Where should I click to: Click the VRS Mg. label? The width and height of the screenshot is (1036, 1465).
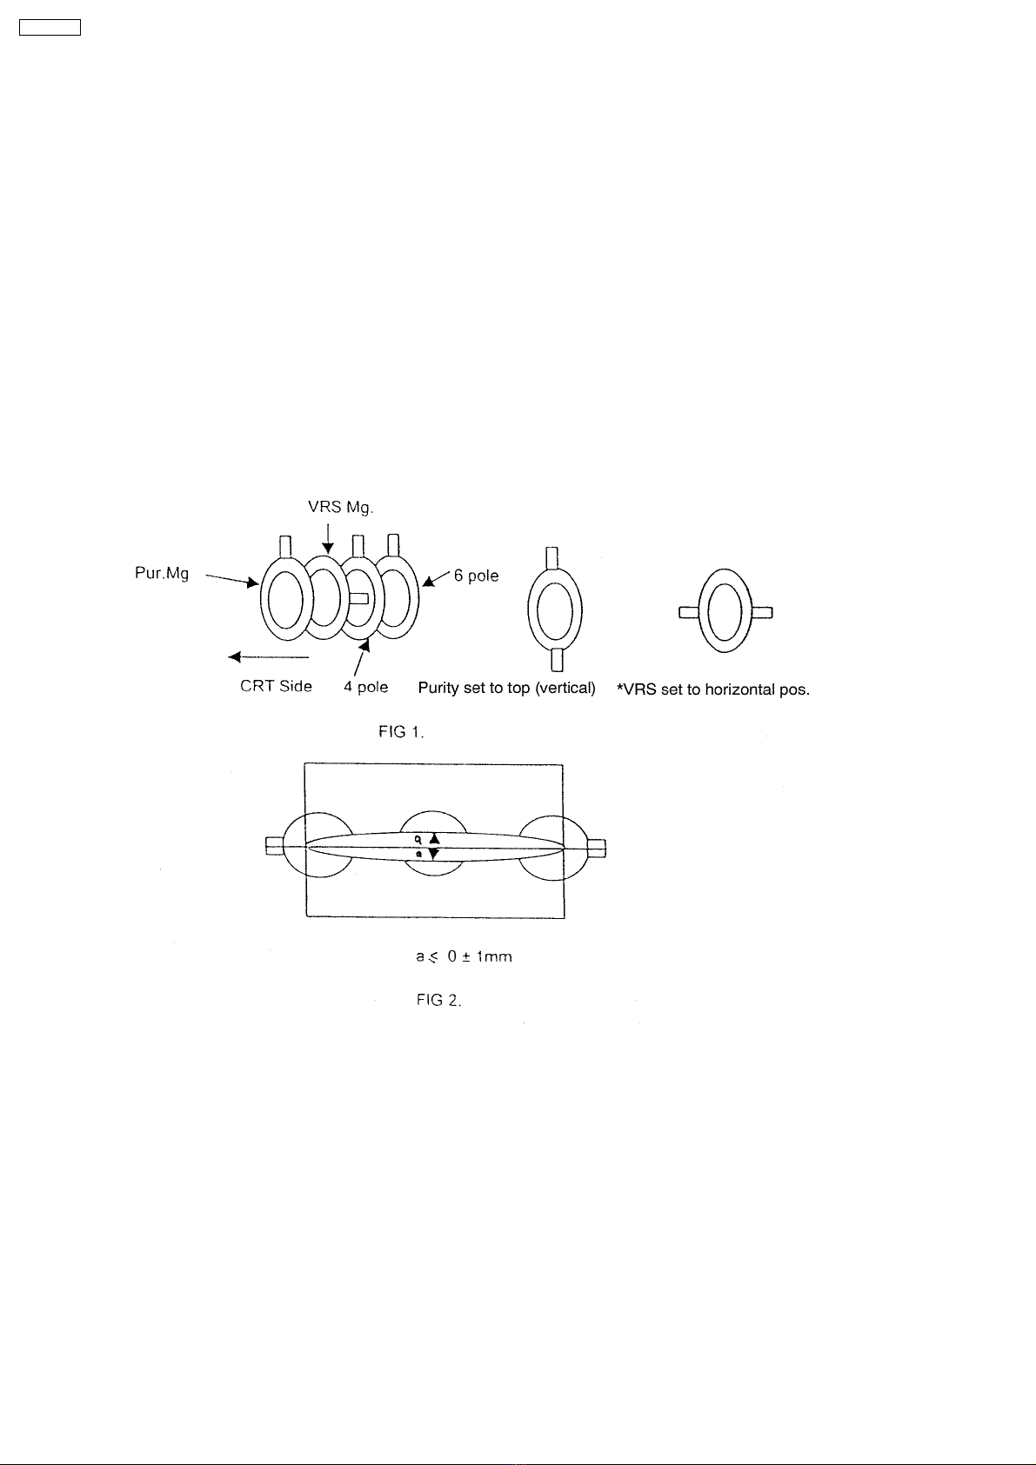pyautogui.click(x=340, y=508)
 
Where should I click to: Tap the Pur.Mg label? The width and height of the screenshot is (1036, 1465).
pyautogui.click(x=162, y=574)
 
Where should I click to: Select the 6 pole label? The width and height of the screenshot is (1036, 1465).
pyautogui.click(x=477, y=576)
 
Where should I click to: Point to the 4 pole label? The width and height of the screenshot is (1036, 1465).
pyautogui.click(x=366, y=687)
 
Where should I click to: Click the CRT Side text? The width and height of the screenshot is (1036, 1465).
pyautogui.click(x=276, y=686)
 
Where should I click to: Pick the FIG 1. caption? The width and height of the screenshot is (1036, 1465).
pyautogui.click(x=401, y=732)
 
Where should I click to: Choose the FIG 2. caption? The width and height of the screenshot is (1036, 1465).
pyautogui.click(x=439, y=1000)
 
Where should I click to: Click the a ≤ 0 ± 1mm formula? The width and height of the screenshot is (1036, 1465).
pyautogui.click(x=464, y=956)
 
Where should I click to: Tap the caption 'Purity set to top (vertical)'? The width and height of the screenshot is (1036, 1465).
pyautogui.click(x=506, y=688)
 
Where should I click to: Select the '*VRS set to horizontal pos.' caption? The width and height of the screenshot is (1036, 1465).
pyautogui.click(x=713, y=689)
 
